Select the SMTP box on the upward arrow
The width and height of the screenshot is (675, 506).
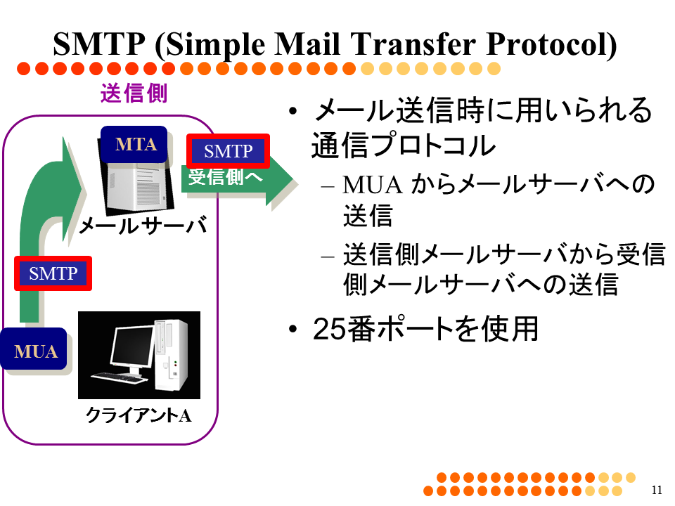pos(53,273)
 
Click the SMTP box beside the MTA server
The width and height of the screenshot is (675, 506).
pos(228,150)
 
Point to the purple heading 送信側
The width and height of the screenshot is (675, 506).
pos(134,93)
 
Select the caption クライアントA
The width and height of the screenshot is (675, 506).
pos(139,415)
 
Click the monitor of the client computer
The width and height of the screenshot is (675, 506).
pos(131,346)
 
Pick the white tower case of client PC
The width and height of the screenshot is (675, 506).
pos(171,355)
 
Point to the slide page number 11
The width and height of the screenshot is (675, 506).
pos(657,490)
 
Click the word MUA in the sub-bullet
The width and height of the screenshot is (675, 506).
pos(373,185)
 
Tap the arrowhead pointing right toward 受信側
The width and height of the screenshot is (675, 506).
pos(279,180)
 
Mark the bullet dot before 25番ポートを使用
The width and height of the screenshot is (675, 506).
pos(293,330)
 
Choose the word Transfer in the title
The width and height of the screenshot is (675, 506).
pos(413,44)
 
